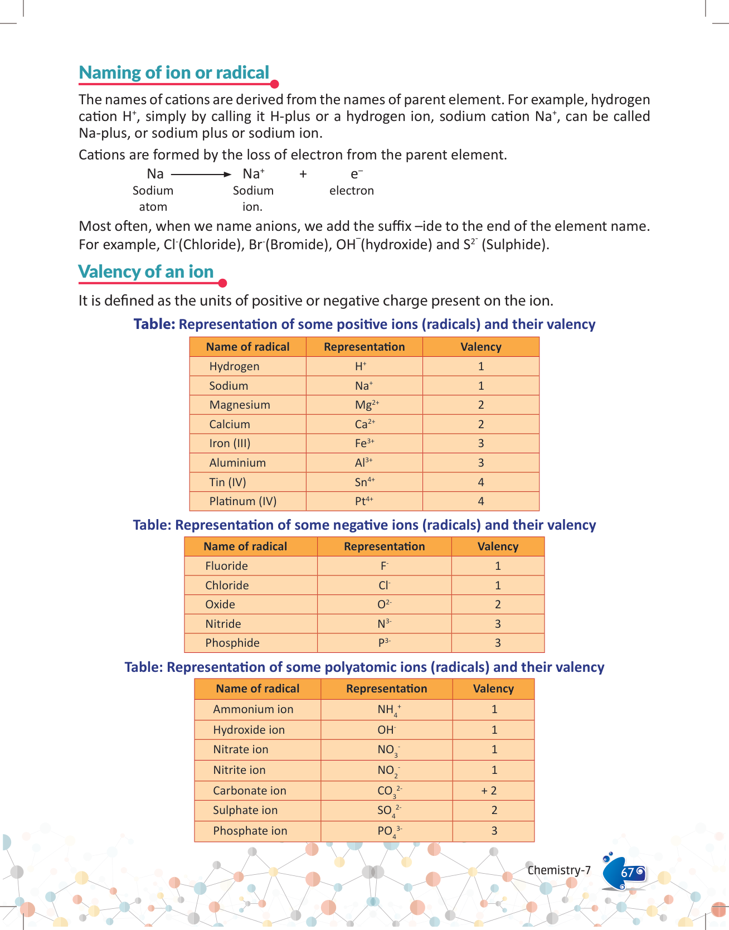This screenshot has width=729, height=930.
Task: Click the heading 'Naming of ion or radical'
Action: [x=174, y=73]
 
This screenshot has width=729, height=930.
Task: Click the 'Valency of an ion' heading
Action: [x=146, y=272]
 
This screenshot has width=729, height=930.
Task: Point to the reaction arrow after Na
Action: [x=201, y=175]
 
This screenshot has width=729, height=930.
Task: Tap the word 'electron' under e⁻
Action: [x=351, y=191]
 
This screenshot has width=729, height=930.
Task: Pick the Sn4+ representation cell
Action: [x=365, y=482]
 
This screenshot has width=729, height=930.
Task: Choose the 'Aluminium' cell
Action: [x=237, y=463]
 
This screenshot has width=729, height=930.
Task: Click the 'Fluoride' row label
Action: [x=226, y=566]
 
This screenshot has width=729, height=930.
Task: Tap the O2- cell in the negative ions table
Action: [x=385, y=604]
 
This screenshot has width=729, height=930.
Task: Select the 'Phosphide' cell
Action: [x=232, y=643]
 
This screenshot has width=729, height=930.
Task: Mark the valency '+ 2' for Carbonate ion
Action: [x=489, y=791]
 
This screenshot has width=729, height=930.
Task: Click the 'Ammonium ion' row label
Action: [x=253, y=709]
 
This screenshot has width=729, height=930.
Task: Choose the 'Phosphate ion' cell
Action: [x=250, y=831]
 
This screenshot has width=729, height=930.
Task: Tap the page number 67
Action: [x=628, y=873]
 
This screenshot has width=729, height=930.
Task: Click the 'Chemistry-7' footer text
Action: [x=559, y=870]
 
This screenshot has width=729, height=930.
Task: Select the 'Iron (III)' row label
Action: [x=230, y=444]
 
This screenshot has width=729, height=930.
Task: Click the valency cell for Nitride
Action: [x=498, y=624]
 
